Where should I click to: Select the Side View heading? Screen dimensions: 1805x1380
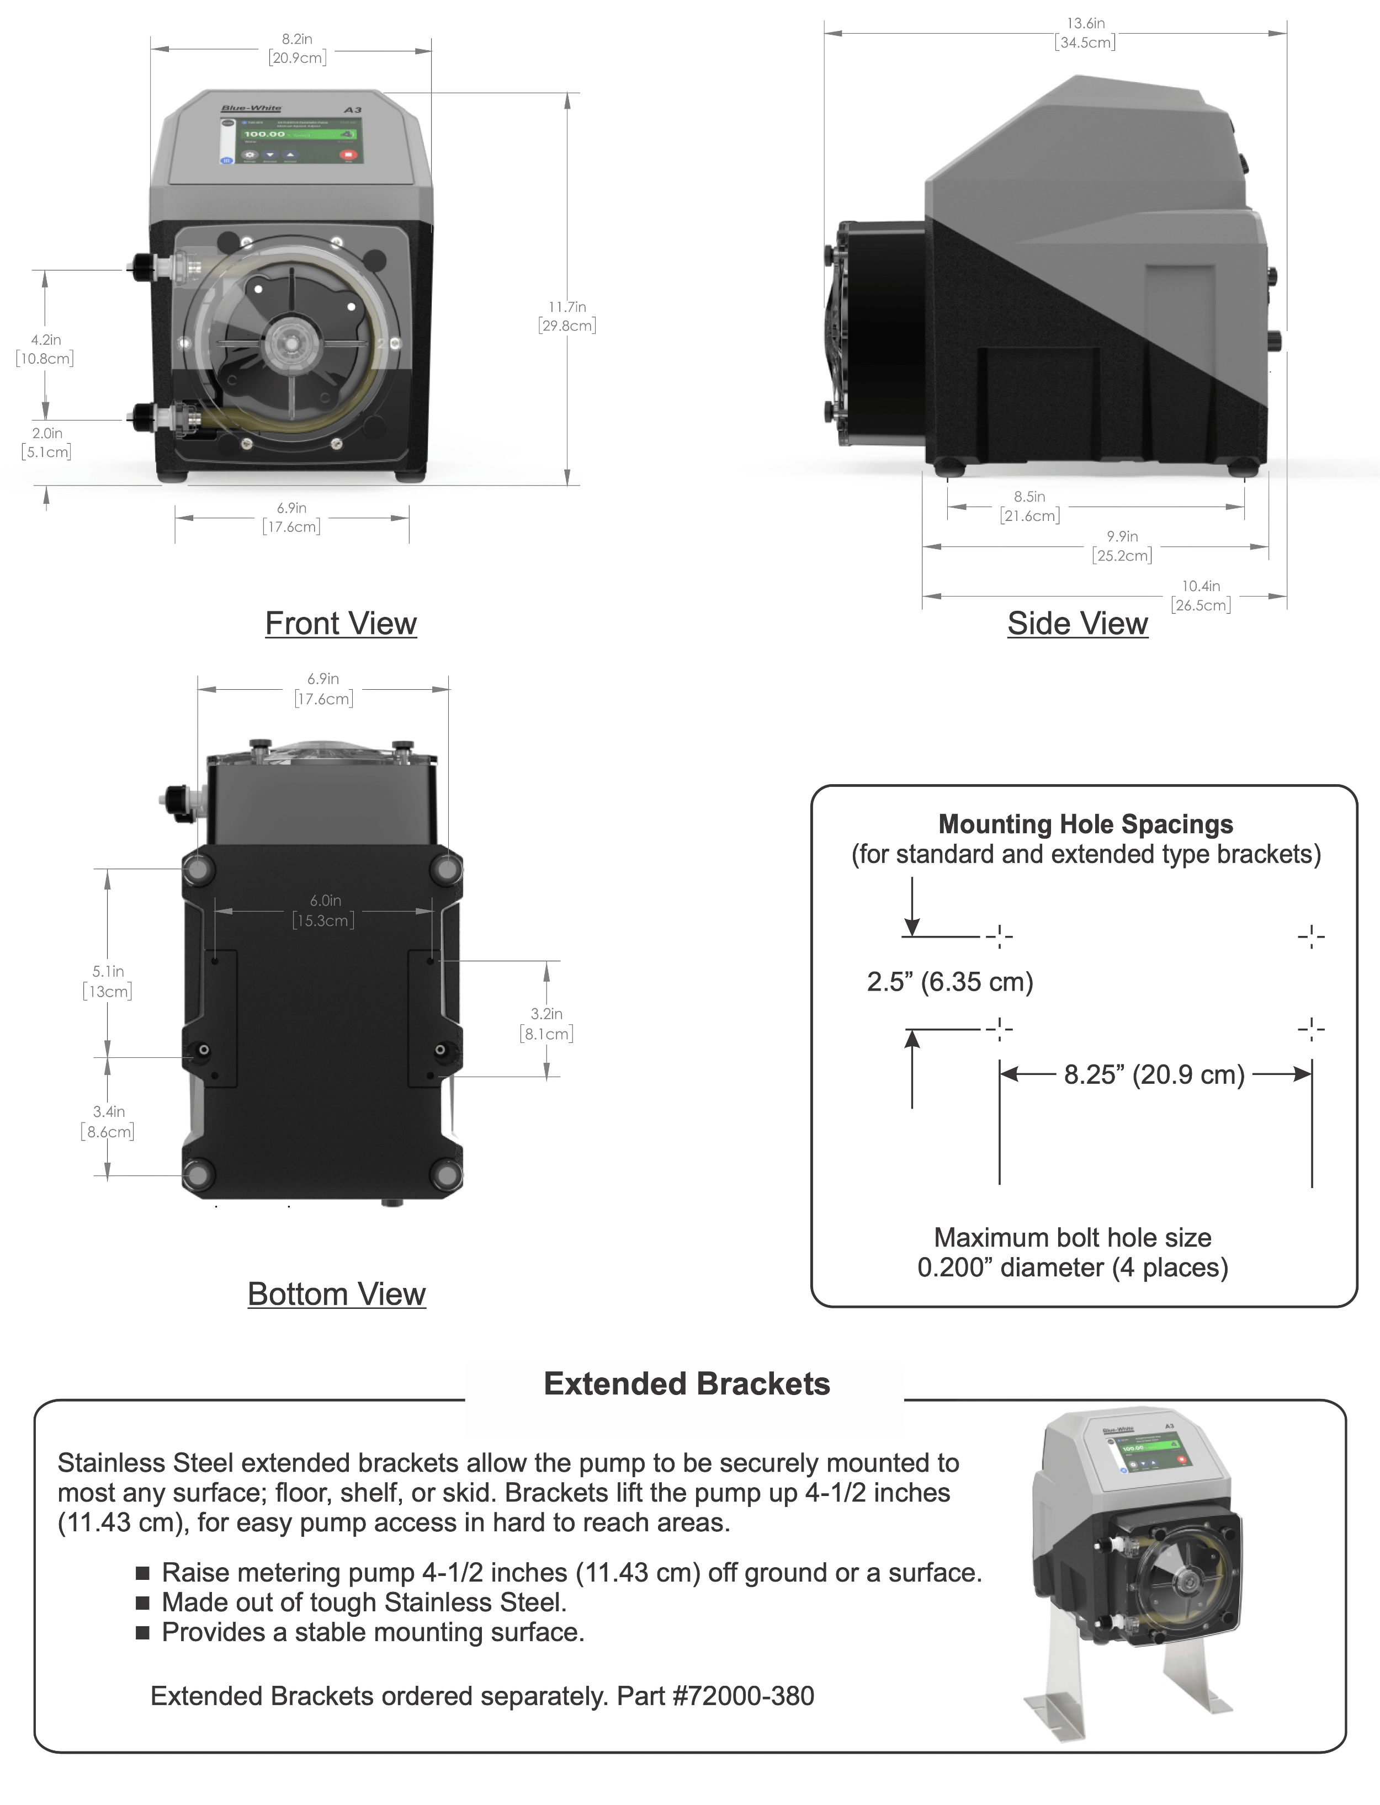pyautogui.click(x=1077, y=624)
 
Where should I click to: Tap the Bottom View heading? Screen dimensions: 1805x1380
pyautogui.click(x=336, y=1294)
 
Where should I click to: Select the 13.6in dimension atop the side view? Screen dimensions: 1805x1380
pyautogui.click(x=1085, y=33)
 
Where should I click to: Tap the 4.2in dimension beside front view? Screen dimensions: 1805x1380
pyautogui.click(x=45, y=349)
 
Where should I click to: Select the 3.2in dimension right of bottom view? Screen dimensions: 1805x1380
pyautogui.click(x=546, y=1023)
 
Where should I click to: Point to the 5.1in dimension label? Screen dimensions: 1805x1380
pyautogui.click(x=108, y=981)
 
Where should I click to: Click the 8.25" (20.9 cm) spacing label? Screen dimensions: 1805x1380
pyautogui.click(x=1154, y=1074)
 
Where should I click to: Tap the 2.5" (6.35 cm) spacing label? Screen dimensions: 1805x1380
pyautogui.click(x=949, y=981)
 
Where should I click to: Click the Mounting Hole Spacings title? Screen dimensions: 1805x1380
pyautogui.click(x=1085, y=824)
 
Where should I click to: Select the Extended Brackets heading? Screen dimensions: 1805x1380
pyautogui.click(x=687, y=1384)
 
